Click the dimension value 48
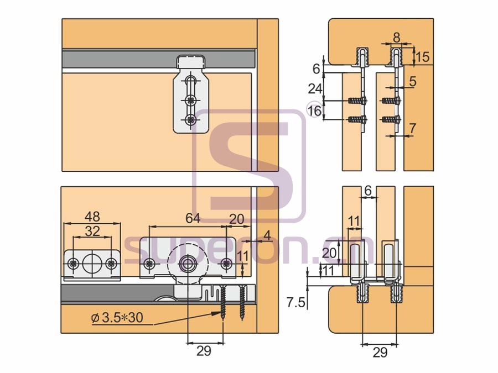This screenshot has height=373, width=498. click(92, 217)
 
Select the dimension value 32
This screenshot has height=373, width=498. click(92, 231)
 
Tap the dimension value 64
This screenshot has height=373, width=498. click(193, 218)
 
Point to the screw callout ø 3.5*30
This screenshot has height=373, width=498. click(117, 317)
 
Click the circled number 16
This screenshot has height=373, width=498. click(314, 111)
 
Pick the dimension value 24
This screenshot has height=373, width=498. click(315, 89)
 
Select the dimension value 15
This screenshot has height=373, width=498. click(422, 57)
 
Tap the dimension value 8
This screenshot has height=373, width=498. click(397, 38)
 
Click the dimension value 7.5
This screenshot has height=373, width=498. click(295, 303)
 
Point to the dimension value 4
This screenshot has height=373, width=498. click(267, 235)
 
